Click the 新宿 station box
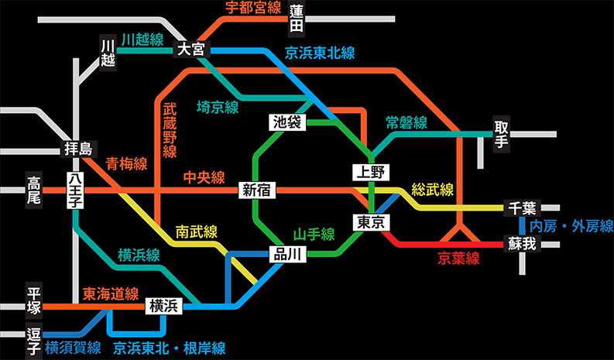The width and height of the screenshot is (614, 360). (x=257, y=190)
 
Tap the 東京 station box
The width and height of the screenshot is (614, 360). (x=371, y=222)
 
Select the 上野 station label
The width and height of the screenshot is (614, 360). (x=371, y=172)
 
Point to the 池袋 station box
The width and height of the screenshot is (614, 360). (x=287, y=122)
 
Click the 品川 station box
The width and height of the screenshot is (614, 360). (x=287, y=255)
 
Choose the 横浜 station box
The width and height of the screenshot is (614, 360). (x=164, y=306)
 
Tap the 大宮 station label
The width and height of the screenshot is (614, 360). (x=191, y=50)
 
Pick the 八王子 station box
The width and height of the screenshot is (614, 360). (x=75, y=190)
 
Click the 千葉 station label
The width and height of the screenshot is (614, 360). (x=522, y=207)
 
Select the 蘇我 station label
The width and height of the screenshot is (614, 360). (x=522, y=244)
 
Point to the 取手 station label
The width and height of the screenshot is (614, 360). (x=501, y=135)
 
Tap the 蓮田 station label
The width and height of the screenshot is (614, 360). (x=297, y=19)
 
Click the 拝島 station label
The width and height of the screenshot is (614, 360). (x=78, y=149)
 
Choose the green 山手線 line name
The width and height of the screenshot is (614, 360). (x=314, y=235)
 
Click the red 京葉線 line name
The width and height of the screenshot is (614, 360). (x=458, y=259)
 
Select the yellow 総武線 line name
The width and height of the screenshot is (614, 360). (x=432, y=190)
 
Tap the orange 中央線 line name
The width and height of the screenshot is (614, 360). (x=204, y=177)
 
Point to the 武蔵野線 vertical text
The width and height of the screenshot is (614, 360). (x=170, y=130)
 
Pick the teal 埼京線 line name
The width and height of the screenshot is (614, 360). (x=218, y=107)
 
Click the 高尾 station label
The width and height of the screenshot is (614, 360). (x=33, y=190)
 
